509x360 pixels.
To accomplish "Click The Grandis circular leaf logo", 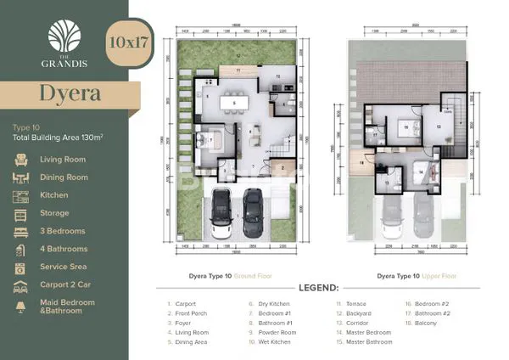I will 65,35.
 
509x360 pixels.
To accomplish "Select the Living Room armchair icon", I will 21,159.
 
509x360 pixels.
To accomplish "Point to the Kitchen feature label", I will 53,195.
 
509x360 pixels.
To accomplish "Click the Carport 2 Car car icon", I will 21,285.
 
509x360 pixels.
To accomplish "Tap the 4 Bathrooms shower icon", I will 21,250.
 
